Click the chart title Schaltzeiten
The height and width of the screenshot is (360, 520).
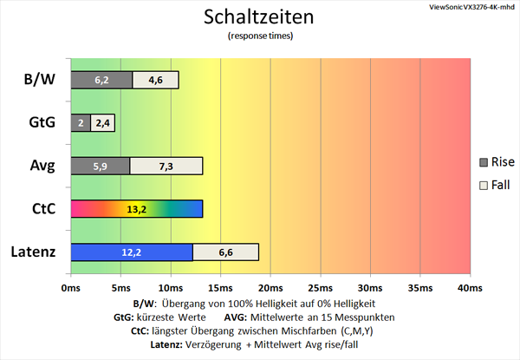click(260, 17)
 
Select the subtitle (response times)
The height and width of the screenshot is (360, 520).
click(260, 36)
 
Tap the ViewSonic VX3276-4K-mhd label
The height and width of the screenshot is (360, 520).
click(471, 7)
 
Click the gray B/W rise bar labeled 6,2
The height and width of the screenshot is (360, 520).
click(101, 80)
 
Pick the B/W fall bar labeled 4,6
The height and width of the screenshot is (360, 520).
click(156, 80)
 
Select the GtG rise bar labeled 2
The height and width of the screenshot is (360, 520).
click(80, 123)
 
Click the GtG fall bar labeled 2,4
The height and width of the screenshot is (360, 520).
click(102, 123)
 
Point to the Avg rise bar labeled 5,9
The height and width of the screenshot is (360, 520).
click(100, 166)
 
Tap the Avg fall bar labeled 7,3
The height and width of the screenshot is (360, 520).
click(166, 166)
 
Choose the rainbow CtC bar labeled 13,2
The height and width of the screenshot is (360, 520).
click(136, 209)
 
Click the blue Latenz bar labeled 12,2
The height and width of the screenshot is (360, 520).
click(131, 252)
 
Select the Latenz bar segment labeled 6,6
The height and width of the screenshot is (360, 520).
click(225, 252)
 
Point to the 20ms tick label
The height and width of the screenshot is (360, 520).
click(270, 286)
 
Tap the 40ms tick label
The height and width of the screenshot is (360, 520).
click(469, 286)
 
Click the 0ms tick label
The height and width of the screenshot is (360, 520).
click(71, 286)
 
